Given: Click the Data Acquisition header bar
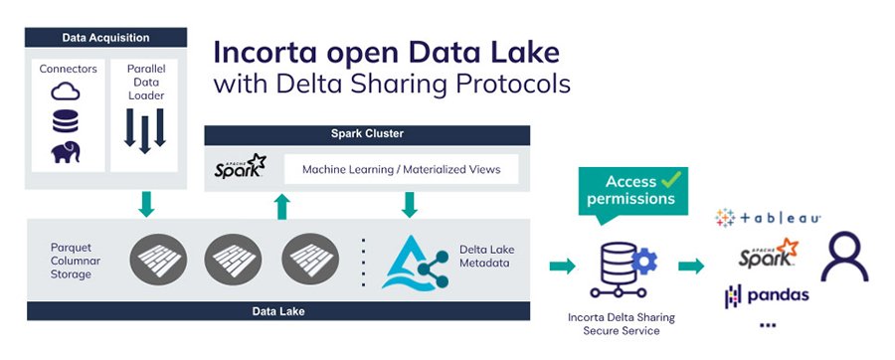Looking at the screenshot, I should pyautogui.click(x=104, y=38).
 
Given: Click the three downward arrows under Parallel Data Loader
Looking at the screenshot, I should pyautogui.click(x=145, y=129).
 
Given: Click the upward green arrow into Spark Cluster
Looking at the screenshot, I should pyautogui.click(x=281, y=206).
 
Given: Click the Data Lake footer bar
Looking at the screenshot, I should pyautogui.click(x=277, y=311).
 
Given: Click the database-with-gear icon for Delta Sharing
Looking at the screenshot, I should pyautogui.click(x=623, y=268).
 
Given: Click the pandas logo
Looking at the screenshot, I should pyautogui.click(x=767, y=295).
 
